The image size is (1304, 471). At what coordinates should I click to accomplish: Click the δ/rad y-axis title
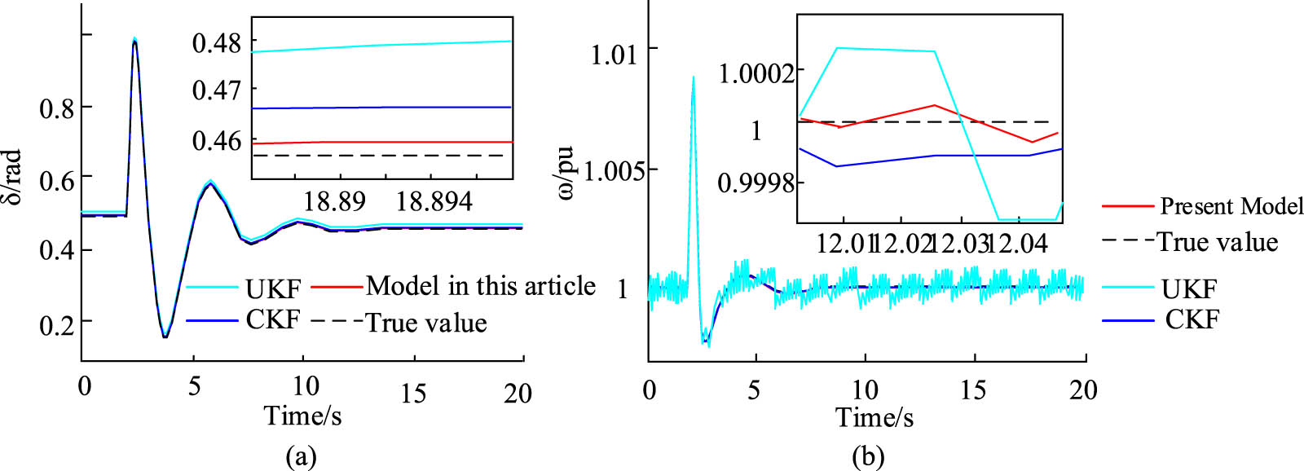pyautogui.click(x=11, y=177)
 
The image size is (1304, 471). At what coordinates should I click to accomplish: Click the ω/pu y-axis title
pyautogui.click(x=566, y=173)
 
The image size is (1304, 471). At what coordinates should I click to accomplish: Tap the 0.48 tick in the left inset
pyautogui.click(x=217, y=42)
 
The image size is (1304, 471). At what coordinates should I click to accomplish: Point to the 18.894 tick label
pyautogui.click(x=434, y=201)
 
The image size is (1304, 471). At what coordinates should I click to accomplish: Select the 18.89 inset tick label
pyautogui.click(x=334, y=201)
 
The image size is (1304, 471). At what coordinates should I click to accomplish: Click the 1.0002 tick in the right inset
pyautogui.click(x=756, y=73)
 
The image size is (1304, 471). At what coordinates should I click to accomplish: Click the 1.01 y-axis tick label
pyautogui.click(x=613, y=55)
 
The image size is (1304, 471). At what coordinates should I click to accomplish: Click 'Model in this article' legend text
pyautogui.click(x=481, y=286)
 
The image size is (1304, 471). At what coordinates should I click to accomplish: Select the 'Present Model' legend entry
pyautogui.click(x=1231, y=206)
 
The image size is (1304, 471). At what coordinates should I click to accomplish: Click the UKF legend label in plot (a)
pyautogui.click(x=273, y=288)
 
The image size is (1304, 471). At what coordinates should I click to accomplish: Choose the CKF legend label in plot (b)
pyautogui.click(x=1192, y=319)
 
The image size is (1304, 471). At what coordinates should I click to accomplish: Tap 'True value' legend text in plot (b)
pyautogui.click(x=1218, y=242)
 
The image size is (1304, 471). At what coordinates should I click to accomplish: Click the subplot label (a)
pyautogui.click(x=301, y=456)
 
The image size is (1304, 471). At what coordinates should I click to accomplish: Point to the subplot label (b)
pyautogui.click(x=867, y=456)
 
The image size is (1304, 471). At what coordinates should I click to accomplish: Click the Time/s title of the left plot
pyautogui.click(x=302, y=416)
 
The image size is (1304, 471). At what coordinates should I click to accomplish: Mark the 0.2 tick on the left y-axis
pyautogui.click(x=56, y=325)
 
